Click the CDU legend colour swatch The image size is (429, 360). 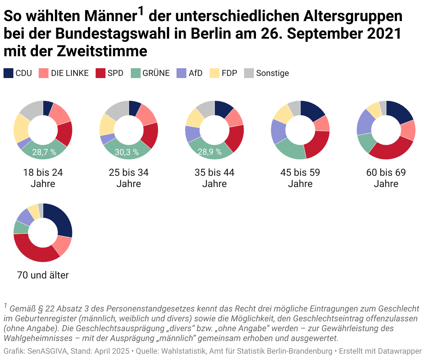click(x=8, y=73)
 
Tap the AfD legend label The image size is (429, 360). click(x=196, y=73)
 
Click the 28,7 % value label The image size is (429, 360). click(x=44, y=152)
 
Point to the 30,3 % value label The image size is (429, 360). click(x=127, y=152)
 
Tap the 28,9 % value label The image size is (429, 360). click(x=210, y=152)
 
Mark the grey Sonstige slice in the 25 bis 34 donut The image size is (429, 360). click(x=116, y=109)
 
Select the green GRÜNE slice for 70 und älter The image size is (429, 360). click(x=21, y=227)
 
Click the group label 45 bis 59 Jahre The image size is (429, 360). click(x=300, y=178)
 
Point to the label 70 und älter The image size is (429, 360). click(x=43, y=275)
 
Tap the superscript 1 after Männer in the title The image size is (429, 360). click(x=141, y=12)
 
